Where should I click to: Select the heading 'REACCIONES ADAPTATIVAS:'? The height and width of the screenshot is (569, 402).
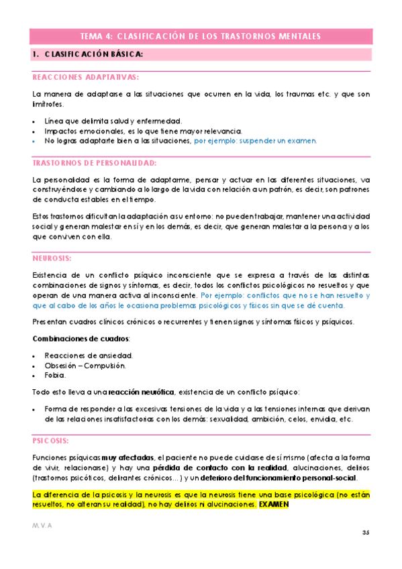click(x=85, y=77)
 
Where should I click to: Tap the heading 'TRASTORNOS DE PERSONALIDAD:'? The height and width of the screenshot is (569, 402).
click(x=94, y=163)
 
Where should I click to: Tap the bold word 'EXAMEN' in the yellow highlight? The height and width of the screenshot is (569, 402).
click(x=274, y=504)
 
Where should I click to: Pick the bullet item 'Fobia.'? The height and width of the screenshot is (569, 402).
click(x=54, y=376)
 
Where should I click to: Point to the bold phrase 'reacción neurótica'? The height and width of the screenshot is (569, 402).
click(x=144, y=392)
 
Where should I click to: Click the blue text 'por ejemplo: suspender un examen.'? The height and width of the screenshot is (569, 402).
click(x=255, y=141)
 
